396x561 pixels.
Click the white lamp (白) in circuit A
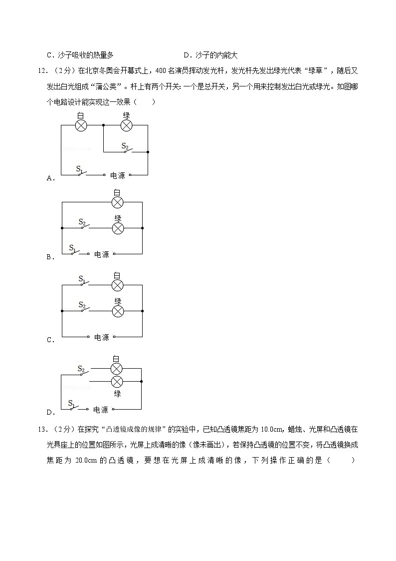[x=81, y=126]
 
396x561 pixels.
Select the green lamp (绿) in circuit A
[x=127, y=126]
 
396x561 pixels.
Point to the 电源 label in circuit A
[x=118, y=175]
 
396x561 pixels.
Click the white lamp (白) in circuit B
[x=117, y=202]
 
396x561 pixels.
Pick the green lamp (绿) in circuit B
[x=118, y=228]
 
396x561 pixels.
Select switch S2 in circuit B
[x=85, y=226]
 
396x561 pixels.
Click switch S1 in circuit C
[x=85, y=283]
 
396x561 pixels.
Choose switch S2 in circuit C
[x=85, y=309]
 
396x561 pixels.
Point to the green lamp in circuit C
[x=118, y=311]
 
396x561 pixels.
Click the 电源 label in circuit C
[x=102, y=337]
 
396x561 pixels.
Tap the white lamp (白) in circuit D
[x=116, y=369]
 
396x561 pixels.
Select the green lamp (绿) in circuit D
[x=116, y=382]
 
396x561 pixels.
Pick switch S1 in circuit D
[x=74, y=407]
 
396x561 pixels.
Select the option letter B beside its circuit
[x=49, y=257]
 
